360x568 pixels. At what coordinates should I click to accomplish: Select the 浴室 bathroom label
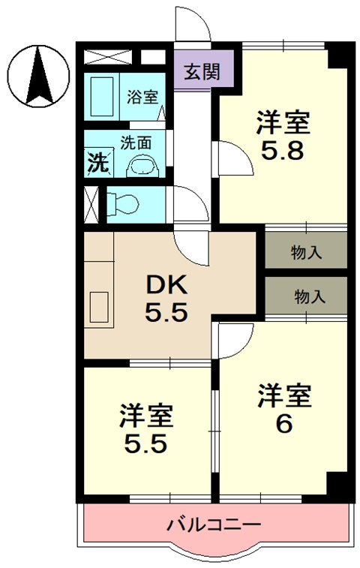(142, 97)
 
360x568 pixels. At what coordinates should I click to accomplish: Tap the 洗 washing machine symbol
(97, 161)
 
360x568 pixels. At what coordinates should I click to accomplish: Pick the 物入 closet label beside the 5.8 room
(307, 252)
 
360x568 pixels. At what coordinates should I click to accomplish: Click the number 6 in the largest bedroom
(283, 425)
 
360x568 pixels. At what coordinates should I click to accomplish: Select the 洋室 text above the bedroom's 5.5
(148, 415)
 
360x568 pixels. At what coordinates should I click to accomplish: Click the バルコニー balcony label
(213, 524)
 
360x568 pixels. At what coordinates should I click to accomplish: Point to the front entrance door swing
(193, 26)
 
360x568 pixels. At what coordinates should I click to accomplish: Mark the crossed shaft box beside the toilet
(91, 203)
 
